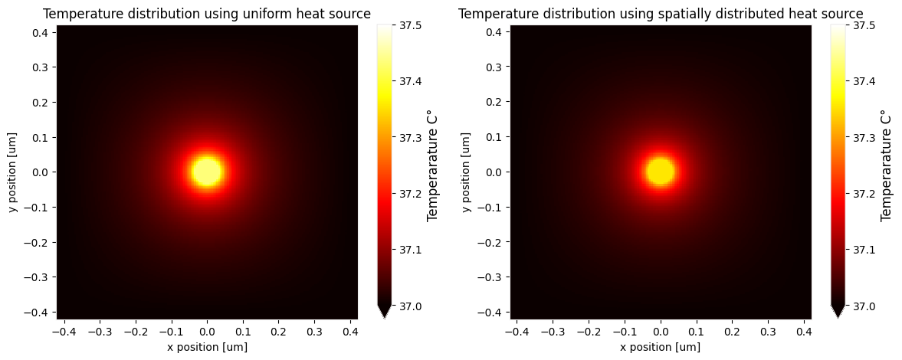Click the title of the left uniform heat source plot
[206, 14]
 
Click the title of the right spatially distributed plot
[660, 14]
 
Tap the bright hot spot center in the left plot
[207, 172]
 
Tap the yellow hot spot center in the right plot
[660, 172]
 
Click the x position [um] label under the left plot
[206, 347]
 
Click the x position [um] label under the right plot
[660, 347]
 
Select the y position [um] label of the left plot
[13, 172]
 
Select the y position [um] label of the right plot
[466, 172]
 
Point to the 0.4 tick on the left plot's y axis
[41, 32]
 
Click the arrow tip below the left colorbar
[385, 314]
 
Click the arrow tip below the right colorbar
[838, 314]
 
